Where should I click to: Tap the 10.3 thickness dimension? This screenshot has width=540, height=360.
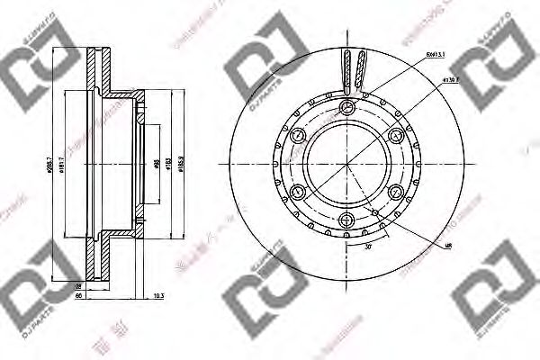pos(158,294)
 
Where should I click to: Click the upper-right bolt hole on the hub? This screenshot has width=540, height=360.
pos(396,136)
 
